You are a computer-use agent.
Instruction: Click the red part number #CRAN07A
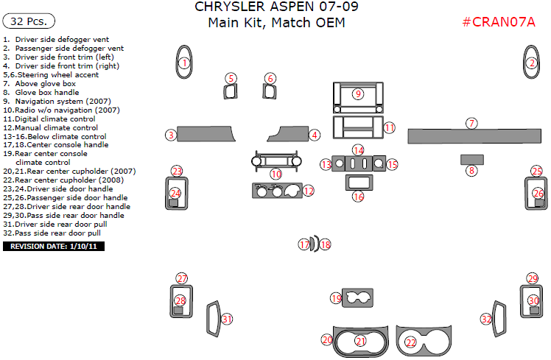pos(499,22)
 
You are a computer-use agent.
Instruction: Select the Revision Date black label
pos(54,246)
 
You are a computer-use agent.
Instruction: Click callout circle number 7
pos(471,123)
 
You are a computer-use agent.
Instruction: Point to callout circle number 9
pos(358,93)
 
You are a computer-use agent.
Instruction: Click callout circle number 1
pos(183,63)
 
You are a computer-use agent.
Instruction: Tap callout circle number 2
pos(531,63)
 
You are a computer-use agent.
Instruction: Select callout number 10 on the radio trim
pos(275,174)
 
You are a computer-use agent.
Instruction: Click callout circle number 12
pos(309,191)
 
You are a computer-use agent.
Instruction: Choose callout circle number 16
pos(358,197)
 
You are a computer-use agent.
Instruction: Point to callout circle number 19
pos(336,298)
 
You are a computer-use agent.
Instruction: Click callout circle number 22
pos(410,342)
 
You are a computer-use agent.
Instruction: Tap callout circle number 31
pos(228,319)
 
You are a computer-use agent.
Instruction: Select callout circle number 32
pos(486,319)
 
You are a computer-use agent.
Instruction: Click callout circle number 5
pos(231,78)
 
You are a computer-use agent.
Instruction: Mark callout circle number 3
pos(170,135)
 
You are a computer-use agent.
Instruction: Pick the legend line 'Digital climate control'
pos(50,119)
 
